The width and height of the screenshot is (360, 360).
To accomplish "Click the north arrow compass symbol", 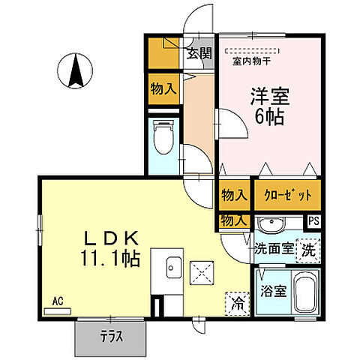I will pos(75,72).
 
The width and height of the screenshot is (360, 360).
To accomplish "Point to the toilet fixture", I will pos(163,138).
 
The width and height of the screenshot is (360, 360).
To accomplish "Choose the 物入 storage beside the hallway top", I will pos(163,88).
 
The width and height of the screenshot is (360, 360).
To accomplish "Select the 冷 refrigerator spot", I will pos(237,304).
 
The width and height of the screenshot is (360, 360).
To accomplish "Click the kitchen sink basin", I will pos(172,265).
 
